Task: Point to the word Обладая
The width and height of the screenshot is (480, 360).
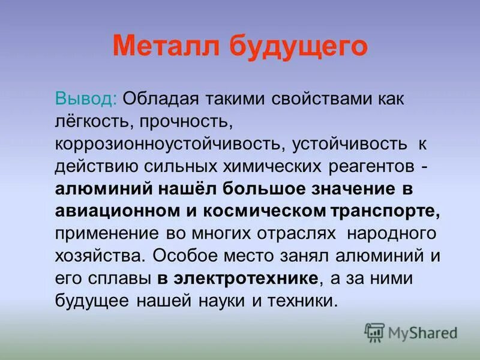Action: pyautogui.click(x=160, y=98)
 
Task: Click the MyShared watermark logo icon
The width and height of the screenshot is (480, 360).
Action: pyautogui.click(x=374, y=332)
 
